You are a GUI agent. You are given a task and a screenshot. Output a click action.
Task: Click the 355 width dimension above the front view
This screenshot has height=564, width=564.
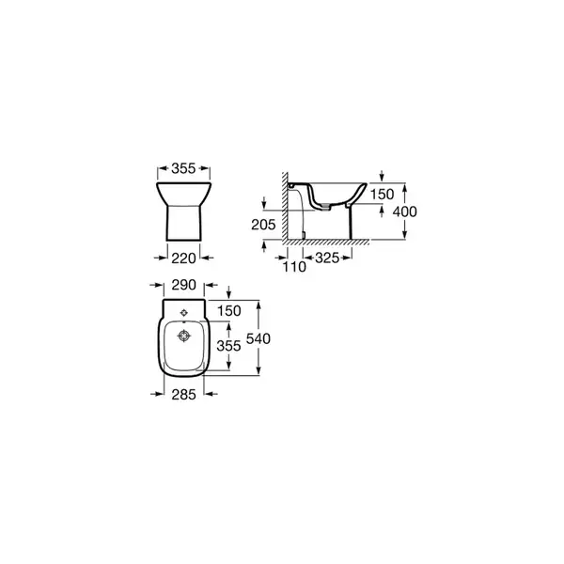click(x=183, y=168)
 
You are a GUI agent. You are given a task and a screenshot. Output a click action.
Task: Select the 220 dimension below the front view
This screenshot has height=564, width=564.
click(x=183, y=258)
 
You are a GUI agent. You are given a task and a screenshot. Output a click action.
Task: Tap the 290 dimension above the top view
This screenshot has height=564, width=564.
click(x=184, y=285)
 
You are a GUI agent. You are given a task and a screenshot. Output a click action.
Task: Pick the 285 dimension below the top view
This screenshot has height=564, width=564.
click(x=184, y=395)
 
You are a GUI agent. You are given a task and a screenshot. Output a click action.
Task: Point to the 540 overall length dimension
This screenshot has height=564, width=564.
click(x=258, y=338)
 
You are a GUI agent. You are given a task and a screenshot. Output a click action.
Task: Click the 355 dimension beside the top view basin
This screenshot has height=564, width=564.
click(x=228, y=346)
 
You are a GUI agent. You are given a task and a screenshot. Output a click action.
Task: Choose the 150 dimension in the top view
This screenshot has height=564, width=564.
click(x=229, y=311)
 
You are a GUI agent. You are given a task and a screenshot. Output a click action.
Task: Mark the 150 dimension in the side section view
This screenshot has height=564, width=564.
click(x=383, y=195)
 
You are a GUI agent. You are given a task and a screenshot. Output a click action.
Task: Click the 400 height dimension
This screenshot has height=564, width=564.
click(x=405, y=211)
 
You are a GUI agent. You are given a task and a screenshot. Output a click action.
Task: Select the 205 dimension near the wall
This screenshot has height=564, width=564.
click(x=263, y=225)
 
